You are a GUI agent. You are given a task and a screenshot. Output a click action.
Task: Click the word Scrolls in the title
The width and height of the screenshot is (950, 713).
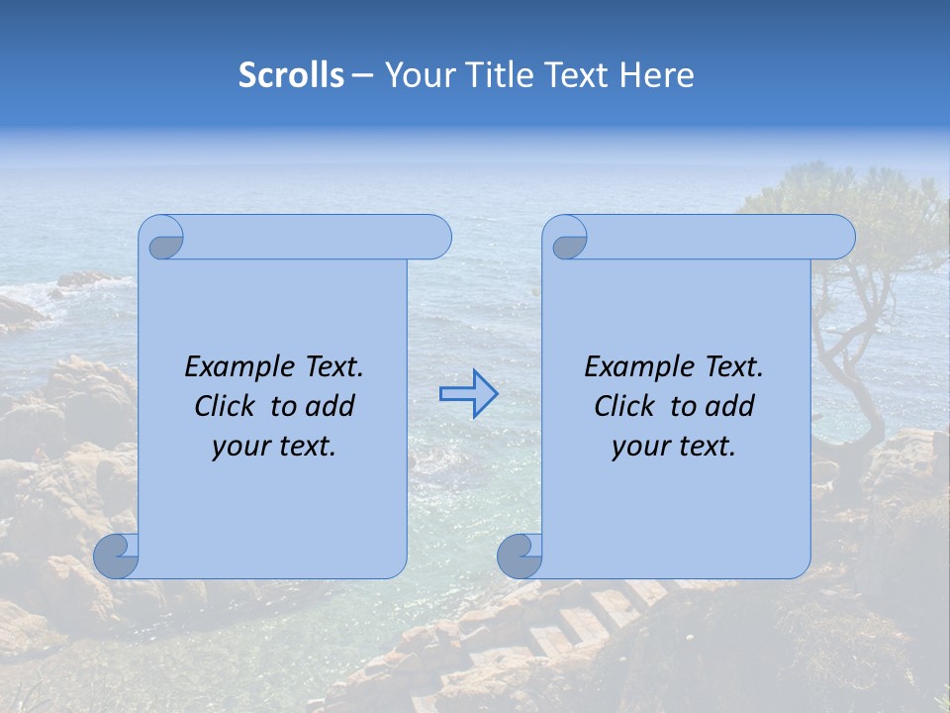291,75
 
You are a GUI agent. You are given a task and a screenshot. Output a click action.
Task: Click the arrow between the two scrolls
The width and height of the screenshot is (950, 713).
468,394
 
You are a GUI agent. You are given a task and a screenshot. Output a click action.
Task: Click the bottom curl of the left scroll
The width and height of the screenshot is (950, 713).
116,556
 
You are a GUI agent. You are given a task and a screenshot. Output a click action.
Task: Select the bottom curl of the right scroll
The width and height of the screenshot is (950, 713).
520,556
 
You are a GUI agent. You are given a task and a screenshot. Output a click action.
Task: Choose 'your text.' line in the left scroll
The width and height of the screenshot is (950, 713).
274,447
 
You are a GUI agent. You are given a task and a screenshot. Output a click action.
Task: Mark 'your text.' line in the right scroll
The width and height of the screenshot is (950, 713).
674,447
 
